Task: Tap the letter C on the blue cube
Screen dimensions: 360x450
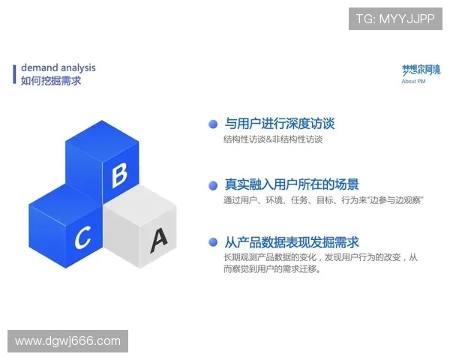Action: (82, 238)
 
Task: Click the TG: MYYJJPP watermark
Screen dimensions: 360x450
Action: (394, 19)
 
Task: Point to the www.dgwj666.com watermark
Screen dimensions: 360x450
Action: (67, 341)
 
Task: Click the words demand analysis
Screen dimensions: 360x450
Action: (58, 68)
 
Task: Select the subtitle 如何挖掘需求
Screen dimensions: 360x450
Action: (51, 81)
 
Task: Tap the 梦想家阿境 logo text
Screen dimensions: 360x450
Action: (421, 70)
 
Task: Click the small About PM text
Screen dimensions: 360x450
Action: (414, 81)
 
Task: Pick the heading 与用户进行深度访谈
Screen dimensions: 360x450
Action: (280, 124)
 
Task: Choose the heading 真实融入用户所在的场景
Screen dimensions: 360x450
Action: (292, 184)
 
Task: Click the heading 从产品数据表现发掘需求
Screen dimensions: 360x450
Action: (292, 242)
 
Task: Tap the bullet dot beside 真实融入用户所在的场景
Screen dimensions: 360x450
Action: (213, 184)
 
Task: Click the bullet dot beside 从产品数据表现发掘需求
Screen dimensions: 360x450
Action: (213, 243)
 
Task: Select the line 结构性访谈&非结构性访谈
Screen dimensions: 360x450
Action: (273, 139)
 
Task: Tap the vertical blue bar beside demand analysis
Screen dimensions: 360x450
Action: (15, 74)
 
